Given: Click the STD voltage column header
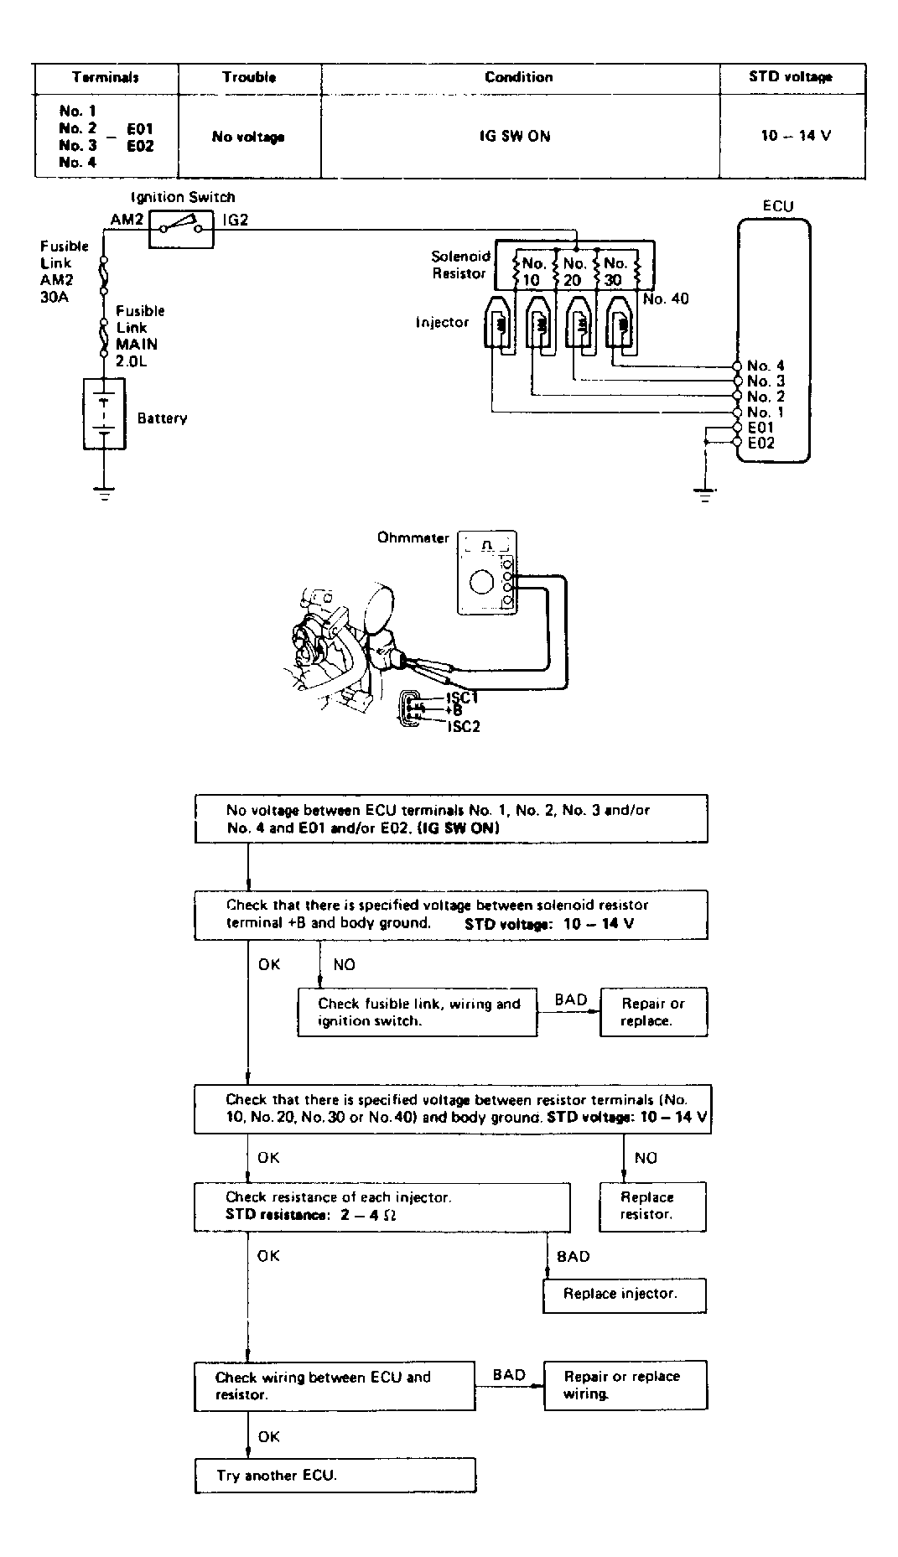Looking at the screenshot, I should tap(790, 77).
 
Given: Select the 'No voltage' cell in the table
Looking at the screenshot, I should tap(248, 137).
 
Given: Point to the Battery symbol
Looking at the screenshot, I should tap(103, 413).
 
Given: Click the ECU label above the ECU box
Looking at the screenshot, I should tap(777, 206).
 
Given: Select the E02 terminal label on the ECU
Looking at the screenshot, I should tap(761, 443).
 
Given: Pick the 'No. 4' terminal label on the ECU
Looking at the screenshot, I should tap(766, 366).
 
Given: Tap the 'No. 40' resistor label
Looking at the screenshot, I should tap(665, 299).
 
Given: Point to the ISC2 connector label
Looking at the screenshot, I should tap(464, 726).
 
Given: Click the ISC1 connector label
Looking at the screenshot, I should tap(464, 696).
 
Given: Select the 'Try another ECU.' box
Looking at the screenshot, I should tap(335, 1475).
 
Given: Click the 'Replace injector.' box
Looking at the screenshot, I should tap(624, 1294).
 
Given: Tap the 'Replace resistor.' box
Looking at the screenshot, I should tap(652, 1206).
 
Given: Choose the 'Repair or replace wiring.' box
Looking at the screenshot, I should tap(625, 1384).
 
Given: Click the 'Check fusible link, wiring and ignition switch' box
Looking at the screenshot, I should tap(418, 1012).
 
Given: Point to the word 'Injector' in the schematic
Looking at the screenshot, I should tap(443, 322).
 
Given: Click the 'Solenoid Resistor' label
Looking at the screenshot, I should tap(459, 265).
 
